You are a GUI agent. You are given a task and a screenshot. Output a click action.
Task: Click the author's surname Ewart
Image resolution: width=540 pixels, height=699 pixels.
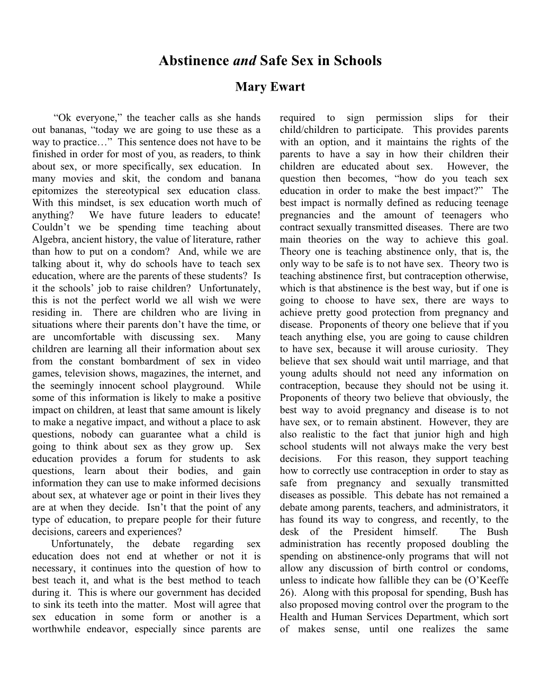click(x=289, y=87)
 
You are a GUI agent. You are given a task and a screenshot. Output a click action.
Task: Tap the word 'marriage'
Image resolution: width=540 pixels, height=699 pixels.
click(x=447, y=361)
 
